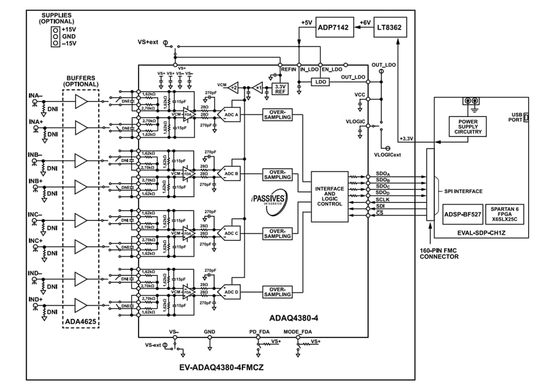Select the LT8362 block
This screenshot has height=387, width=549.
tap(392, 27)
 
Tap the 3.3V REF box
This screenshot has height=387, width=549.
tap(281, 88)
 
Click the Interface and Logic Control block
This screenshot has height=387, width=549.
tap(330, 196)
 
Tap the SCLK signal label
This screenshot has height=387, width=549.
tap(383, 198)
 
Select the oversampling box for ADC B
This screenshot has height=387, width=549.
tap(277, 174)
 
